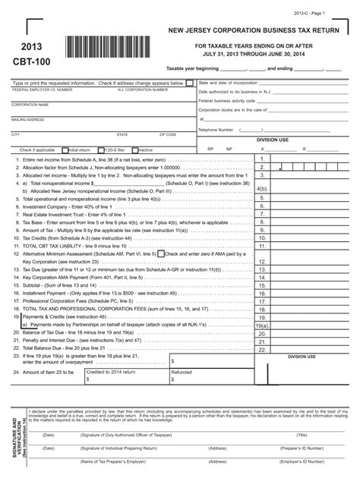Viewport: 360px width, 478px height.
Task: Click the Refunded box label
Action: pos(182,373)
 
